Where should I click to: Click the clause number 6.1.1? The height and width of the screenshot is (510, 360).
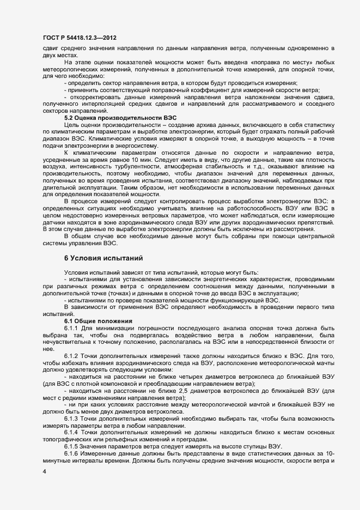[x=72, y=328]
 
